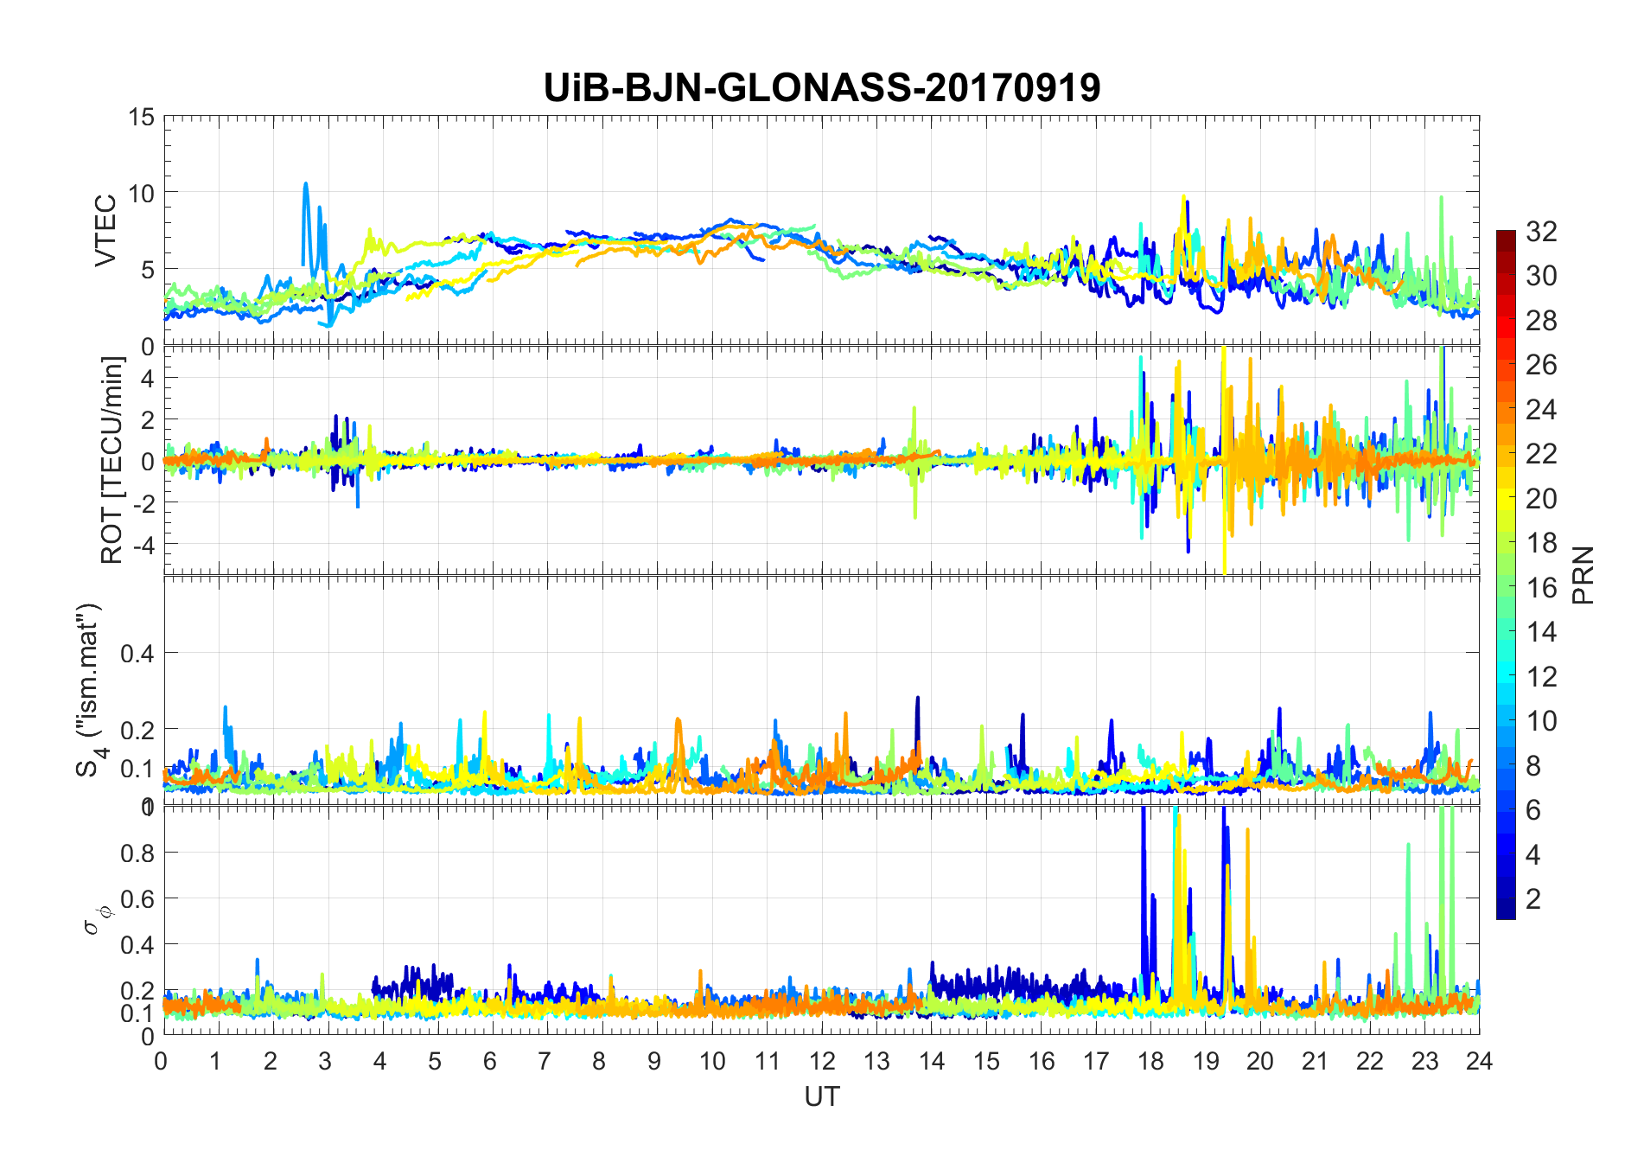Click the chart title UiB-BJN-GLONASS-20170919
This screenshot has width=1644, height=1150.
(821, 88)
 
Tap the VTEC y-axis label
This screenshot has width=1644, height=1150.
(105, 231)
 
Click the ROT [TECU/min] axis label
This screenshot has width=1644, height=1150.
(112, 460)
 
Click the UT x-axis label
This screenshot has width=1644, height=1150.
(821, 1096)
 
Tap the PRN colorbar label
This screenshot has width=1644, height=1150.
(1583, 575)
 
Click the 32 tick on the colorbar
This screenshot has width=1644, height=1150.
(1541, 231)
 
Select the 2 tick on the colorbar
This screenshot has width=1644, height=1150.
(1533, 898)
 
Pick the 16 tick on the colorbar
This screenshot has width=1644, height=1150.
(1541, 587)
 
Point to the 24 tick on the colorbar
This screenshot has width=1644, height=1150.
(1541, 409)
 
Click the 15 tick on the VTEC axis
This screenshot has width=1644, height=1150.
(142, 117)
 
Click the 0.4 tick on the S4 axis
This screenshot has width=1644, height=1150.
(137, 653)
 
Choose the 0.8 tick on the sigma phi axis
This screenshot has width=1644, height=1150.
(137, 853)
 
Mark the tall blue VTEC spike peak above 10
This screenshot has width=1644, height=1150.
(305, 184)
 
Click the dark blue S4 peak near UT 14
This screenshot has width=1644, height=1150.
(918, 698)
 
